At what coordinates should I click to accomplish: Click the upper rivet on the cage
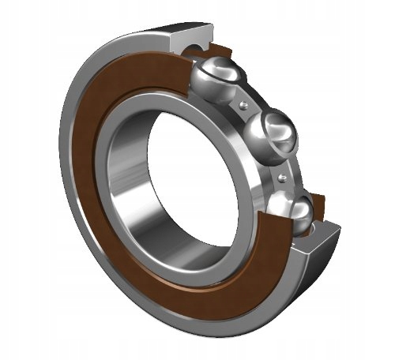[x=246, y=103]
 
